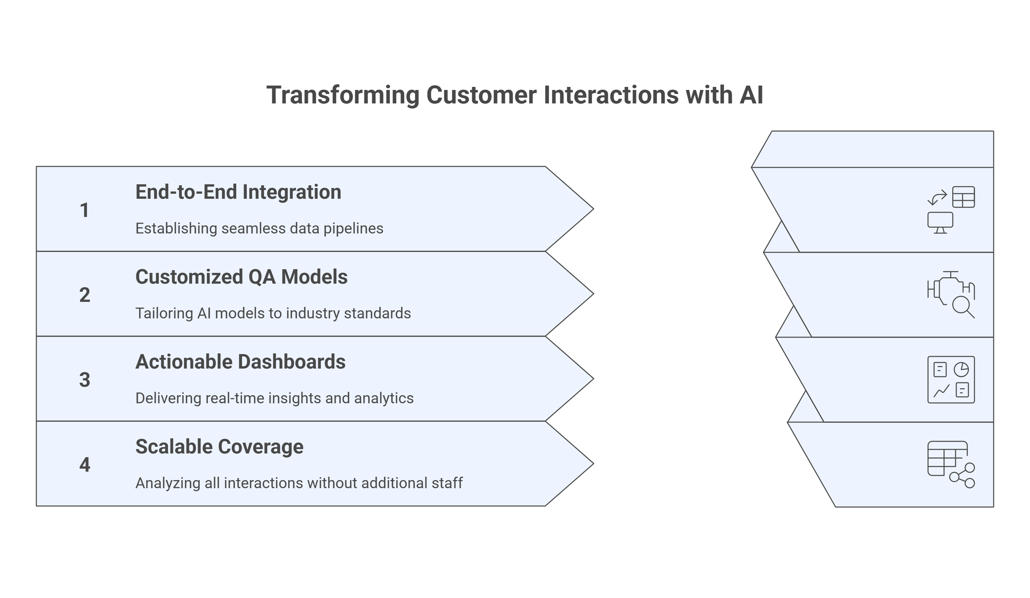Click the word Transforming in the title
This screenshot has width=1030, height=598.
tap(343, 95)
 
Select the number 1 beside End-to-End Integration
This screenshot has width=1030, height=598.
tap(84, 210)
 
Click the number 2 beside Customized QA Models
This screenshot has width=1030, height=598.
tap(84, 295)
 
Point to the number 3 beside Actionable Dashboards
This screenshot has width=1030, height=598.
tap(84, 380)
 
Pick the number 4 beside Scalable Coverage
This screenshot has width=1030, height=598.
tap(84, 465)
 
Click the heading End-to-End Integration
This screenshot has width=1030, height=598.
tap(238, 192)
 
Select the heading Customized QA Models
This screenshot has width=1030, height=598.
tap(241, 277)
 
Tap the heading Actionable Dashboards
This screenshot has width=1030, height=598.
tap(240, 362)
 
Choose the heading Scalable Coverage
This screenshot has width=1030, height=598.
tap(219, 447)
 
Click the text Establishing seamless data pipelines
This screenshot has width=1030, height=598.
tap(259, 228)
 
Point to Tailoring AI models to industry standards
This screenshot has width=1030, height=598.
tap(273, 313)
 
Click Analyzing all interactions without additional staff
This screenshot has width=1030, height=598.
tap(299, 483)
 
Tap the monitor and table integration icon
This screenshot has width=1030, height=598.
tap(951, 210)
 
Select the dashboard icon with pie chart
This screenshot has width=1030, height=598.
tap(951, 380)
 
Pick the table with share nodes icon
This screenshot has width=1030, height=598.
tap(951, 464)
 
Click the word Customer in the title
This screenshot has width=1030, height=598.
tap(481, 95)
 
